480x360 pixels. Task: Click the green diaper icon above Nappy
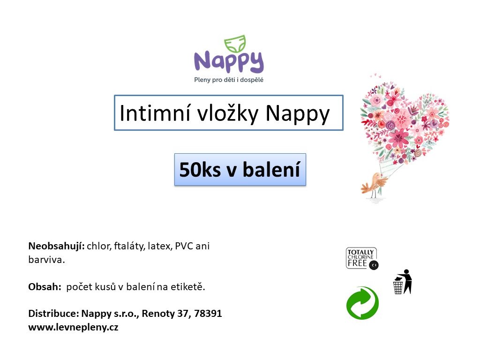[235, 44]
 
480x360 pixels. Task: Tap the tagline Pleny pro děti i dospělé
[229, 80]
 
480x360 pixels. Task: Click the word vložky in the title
[228, 114]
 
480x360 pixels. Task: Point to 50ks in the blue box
[200, 170]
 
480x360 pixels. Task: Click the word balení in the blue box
[271, 169]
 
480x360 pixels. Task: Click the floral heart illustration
[405, 122]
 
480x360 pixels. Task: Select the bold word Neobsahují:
[56, 246]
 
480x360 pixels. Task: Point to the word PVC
[184, 246]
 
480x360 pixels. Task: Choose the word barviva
[46, 260]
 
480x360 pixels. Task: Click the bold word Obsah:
[45, 287]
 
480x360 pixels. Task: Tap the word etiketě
[187, 287]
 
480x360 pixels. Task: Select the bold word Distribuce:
[53, 314]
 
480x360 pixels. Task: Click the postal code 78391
[208, 314]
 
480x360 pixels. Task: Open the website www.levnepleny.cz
[73, 327]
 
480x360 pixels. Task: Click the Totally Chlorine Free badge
[362, 259]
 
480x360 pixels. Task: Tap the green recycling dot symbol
[363, 303]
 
